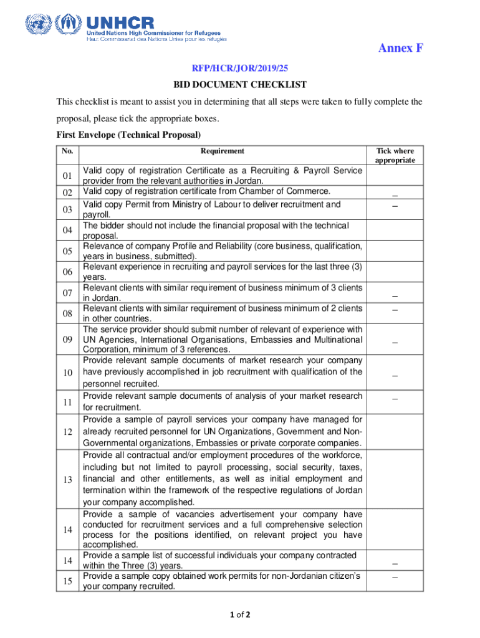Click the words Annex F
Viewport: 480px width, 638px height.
tap(401, 49)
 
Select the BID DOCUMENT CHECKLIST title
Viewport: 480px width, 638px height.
tap(240, 85)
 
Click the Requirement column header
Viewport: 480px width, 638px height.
tap(223, 151)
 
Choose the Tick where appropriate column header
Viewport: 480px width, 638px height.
tap(395, 155)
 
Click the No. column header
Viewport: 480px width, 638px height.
tap(67, 151)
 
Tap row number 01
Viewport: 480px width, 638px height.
tap(68, 175)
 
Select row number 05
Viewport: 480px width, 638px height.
tap(68, 251)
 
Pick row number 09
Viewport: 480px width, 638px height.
tap(68, 340)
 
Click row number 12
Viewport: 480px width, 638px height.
tap(68, 432)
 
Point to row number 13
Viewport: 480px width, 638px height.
tap(68, 479)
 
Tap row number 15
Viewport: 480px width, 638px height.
tap(68, 581)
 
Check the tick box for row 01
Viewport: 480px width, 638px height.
tap(395, 175)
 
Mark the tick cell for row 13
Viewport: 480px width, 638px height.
tap(395, 479)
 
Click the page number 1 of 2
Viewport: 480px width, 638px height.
tap(239, 615)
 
